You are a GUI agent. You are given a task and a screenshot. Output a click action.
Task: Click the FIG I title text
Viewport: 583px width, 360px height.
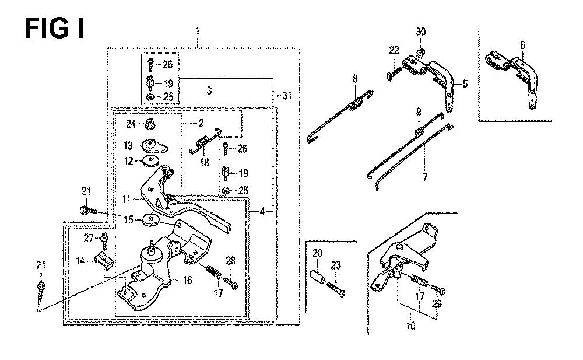click(54, 27)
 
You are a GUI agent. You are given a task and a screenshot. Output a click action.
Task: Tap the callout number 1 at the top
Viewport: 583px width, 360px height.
click(198, 29)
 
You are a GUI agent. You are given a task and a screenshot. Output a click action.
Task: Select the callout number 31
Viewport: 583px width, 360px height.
click(285, 96)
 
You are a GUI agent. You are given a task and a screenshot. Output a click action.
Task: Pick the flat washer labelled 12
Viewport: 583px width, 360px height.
click(153, 161)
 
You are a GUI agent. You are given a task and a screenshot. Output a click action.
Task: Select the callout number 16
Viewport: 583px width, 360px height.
click(187, 281)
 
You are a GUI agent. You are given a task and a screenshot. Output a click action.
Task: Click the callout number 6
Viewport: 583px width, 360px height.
click(522, 45)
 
